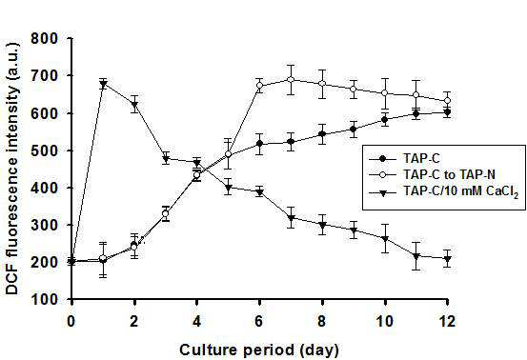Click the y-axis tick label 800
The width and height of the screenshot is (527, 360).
(45, 39)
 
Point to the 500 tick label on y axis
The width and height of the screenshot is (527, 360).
(45, 150)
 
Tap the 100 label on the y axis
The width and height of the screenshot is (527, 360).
(45, 299)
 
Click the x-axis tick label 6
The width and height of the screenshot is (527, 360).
(259, 321)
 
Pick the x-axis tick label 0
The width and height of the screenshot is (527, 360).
(71, 321)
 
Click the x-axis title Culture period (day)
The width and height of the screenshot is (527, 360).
(259, 350)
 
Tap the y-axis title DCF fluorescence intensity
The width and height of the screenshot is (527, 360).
(12, 169)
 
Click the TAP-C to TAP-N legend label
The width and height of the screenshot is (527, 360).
(450, 174)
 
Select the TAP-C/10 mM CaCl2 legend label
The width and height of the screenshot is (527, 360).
(461, 191)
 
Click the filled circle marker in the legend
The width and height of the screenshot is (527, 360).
(382, 158)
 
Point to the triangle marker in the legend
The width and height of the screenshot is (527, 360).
(382, 192)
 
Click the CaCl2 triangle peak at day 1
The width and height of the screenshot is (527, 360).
(103, 84)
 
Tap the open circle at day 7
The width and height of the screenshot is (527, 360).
(291, 80)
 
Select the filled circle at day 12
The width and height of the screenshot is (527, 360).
(447, 112)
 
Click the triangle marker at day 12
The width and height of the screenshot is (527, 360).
(447, 259)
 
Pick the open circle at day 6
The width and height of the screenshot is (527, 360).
(259, 86)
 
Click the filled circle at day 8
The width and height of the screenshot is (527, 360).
(322, 134)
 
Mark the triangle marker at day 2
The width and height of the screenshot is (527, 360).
(134, 104)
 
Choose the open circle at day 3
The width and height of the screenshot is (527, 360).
(166, 213)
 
